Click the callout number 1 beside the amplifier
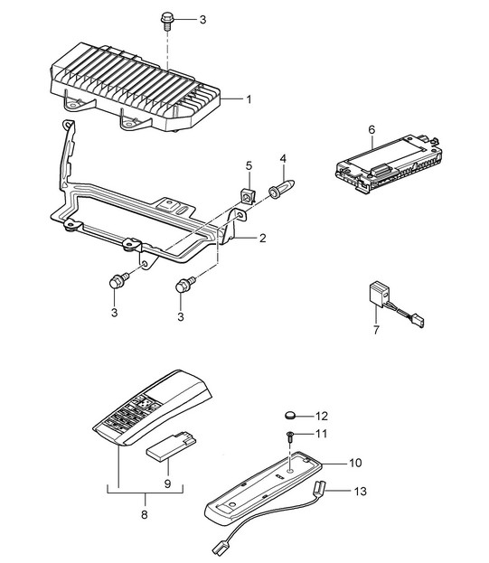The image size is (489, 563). click(x=249, y=99)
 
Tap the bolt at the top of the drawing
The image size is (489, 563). click(x=167, y=21)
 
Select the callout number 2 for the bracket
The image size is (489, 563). click(x=262, y=238)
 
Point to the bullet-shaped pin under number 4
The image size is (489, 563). click(x=283, y=188)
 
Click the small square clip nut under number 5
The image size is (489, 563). click(x=247, y=195)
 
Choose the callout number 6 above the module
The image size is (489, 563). click(x=371, y=129)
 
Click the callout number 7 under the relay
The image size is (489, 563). click(x=376, y=330)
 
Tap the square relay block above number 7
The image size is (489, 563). click(x=379, y=294)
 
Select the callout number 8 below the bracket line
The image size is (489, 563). click(x=145, y=515)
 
